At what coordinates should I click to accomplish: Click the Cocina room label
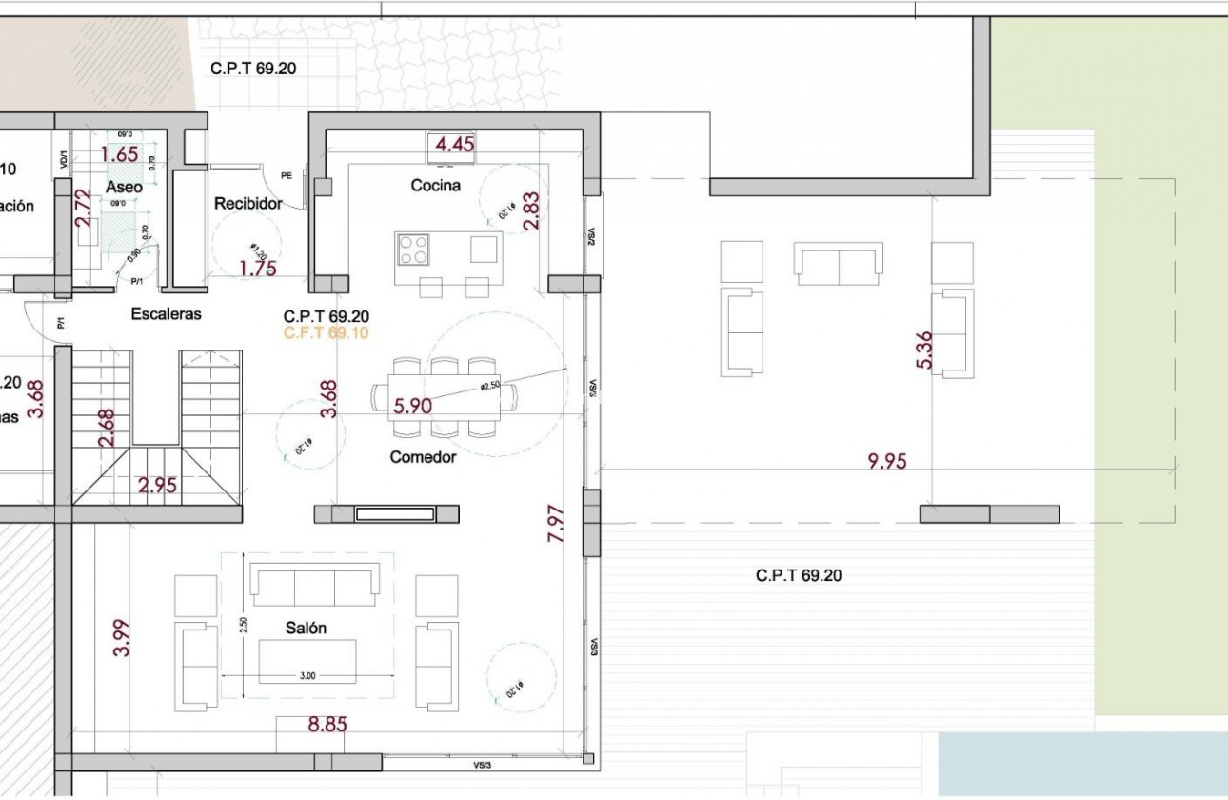pyautogui.click(x=435, y=186)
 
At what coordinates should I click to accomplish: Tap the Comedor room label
pyautogui.click(x=423, y=457)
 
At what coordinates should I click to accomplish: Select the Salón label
pyautogui.click(x=306, y=629)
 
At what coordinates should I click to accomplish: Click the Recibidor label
pyautogui.click(x=248, y=204)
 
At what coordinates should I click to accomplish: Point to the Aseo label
pyautogui.click(x=124, y=188)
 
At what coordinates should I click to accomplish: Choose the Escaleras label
pyautogui.click(x=167, y=314)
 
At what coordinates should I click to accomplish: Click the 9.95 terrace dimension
pyautogui.click(x=886, y=462)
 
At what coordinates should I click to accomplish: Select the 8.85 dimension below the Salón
pyautogui.click(x=327, y=725)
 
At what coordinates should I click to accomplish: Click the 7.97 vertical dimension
pyautogui.click(x=558, y=523)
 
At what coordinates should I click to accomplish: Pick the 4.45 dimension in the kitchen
pyautogui.click(x=454, y=145)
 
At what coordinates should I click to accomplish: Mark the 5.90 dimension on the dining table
pyautogui.click(x=412, y=407)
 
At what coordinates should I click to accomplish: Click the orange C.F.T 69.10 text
pyautogui.click(x=327, y=333)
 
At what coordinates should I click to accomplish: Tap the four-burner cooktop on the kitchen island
pyautogui.click(x=413, y=250)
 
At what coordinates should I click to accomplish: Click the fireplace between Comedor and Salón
pyautogui.click(x=395, y=514)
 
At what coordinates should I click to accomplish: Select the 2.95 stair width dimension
pyautogui.click(x=157, y=486)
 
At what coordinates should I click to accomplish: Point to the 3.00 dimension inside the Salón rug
pyautogui.click(x=307, y=675)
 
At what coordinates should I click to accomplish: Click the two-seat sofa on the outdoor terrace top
pyautogui.click(x=838, y=264)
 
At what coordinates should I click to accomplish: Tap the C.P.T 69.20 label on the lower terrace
pyautogui.click(x=799, y=576)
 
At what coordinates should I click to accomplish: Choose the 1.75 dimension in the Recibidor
pyautogui.click(x=257, y=269)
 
